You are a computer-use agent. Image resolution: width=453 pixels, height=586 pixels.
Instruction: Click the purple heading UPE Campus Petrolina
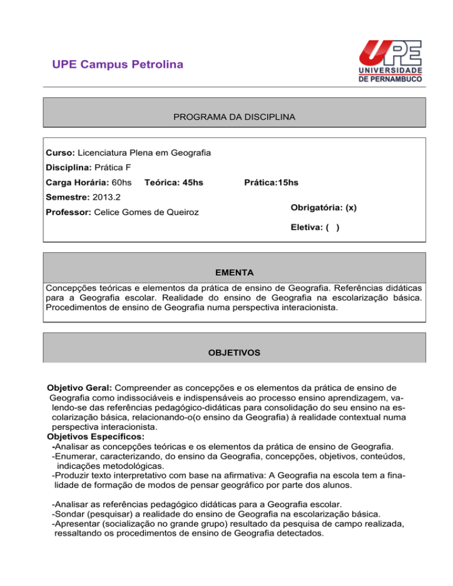click(x=117, y=64)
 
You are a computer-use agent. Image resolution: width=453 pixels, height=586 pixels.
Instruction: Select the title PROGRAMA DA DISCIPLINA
click(x=235, y=118)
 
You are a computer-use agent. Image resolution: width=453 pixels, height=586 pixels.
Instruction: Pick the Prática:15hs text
click(x=271, y=183)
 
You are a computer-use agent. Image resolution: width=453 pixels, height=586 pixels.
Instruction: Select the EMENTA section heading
click(x=235, y=273)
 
